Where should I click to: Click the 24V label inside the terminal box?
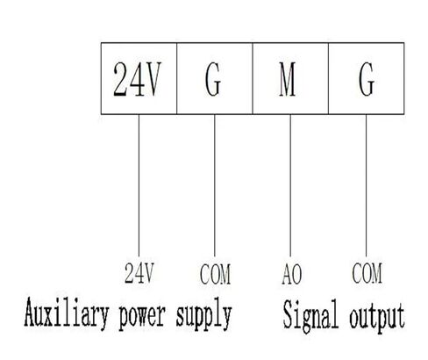(137, 79)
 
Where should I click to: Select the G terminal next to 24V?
(213, 79)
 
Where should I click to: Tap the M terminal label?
(288, 79)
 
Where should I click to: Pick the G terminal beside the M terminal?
(367, 79)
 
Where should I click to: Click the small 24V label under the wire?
(139, 273)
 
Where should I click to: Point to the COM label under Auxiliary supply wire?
(215, 274)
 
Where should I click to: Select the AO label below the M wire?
(291, 274)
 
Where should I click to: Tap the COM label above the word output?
(367, 273)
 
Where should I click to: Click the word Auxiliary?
(67, 313)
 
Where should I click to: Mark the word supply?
(203, 315)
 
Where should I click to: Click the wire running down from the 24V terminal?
(139, 185)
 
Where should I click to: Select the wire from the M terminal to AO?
(290, 185)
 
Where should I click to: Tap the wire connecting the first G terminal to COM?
(215, 185)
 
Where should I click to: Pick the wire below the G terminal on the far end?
(366, 185)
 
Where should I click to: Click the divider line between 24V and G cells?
(177, 78)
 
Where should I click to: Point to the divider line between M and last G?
(329, 78)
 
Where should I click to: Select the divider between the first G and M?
(253, 78)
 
